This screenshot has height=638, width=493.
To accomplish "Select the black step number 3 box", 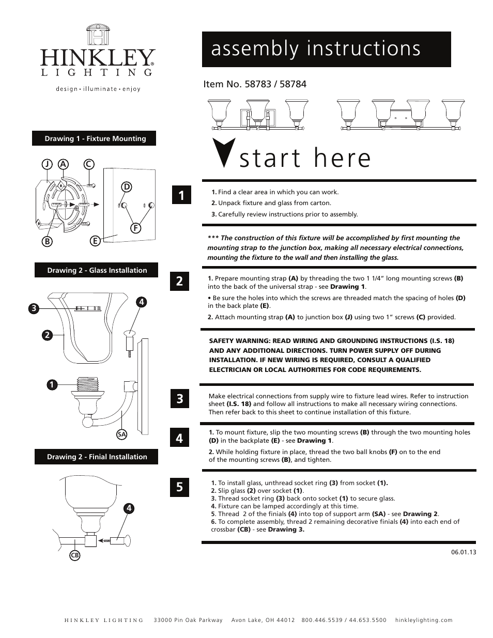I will [179, 398].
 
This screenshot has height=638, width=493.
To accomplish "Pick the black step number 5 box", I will [179, 487].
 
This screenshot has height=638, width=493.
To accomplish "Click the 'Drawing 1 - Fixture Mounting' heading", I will [95, 138].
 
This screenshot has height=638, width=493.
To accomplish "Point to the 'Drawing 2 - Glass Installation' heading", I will [97, 270].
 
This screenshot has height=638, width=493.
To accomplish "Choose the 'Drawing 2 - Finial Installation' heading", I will [97, 457].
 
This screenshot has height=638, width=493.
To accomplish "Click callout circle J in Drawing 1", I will [47, 164].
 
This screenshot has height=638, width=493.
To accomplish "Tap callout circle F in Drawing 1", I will [136, 227].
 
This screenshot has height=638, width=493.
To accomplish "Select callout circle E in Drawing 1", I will [95, 241].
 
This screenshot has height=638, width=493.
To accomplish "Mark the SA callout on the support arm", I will [121, 434].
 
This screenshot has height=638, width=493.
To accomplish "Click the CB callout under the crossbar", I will [74, 555].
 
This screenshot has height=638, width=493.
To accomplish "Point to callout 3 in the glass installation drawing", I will [34, 308].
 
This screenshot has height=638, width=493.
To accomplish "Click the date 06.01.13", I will [463, 552].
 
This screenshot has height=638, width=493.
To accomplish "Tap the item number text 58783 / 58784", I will [255, 84].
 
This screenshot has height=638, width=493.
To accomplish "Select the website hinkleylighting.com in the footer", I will [423, 620].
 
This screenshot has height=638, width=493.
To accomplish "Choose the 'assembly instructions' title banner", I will [326, 49].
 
